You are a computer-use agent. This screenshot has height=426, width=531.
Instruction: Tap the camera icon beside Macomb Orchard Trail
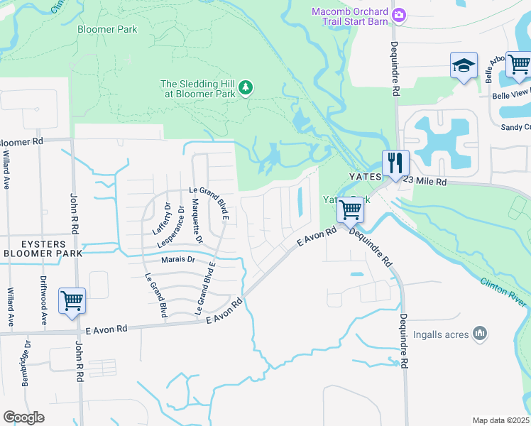[399, 13]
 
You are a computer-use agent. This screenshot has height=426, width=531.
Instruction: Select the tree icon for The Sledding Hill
[246, 87]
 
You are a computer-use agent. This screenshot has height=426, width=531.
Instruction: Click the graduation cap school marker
[464, 66]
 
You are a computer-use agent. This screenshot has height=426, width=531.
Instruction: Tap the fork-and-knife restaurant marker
[395, 163]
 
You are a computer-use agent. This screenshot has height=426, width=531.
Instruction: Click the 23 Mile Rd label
[426, 181]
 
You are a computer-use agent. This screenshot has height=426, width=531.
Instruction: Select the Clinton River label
[503, 292]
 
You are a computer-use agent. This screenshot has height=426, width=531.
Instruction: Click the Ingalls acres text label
[438, 333]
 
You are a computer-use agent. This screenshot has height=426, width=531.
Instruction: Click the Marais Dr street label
[177, 259]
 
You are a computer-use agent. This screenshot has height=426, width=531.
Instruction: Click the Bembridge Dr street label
[26, 361]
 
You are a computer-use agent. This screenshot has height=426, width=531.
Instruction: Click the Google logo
[23, 417]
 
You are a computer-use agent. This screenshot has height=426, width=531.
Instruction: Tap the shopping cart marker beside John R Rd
[72, 300]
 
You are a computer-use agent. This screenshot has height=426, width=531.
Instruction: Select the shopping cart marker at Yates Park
[350, 209]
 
